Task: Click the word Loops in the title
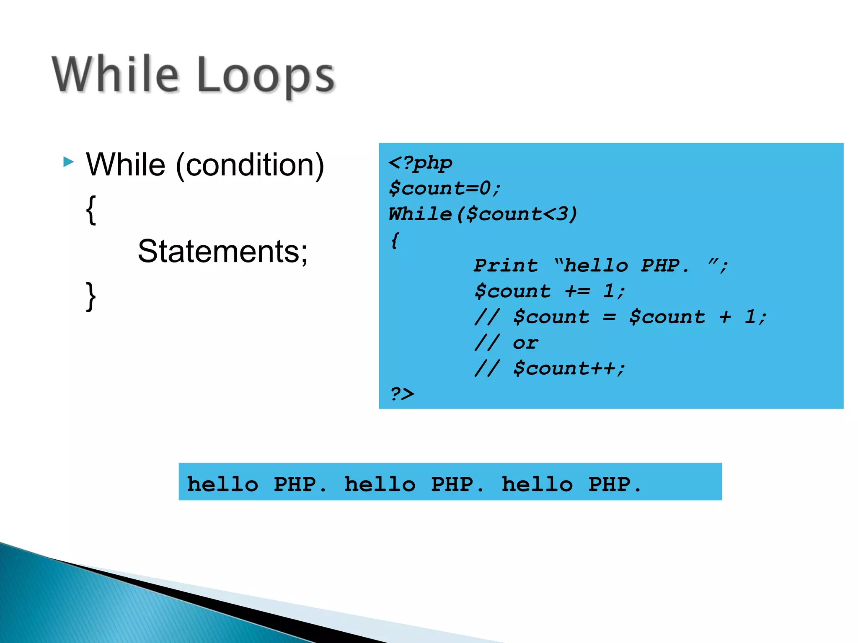266,75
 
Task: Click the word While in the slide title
116,74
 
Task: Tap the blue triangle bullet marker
68,162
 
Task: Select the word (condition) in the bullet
250,165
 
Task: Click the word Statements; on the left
222,251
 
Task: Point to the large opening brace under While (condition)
91,210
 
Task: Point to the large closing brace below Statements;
91,296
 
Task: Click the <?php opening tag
420,163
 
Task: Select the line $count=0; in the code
444,188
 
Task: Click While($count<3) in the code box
483,214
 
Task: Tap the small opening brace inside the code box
395,240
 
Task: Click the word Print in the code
506,266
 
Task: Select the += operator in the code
577,291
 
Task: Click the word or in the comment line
525,343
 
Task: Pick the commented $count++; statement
569,369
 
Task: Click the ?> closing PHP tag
402,394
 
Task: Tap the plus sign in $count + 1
725,317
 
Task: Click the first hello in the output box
222,484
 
